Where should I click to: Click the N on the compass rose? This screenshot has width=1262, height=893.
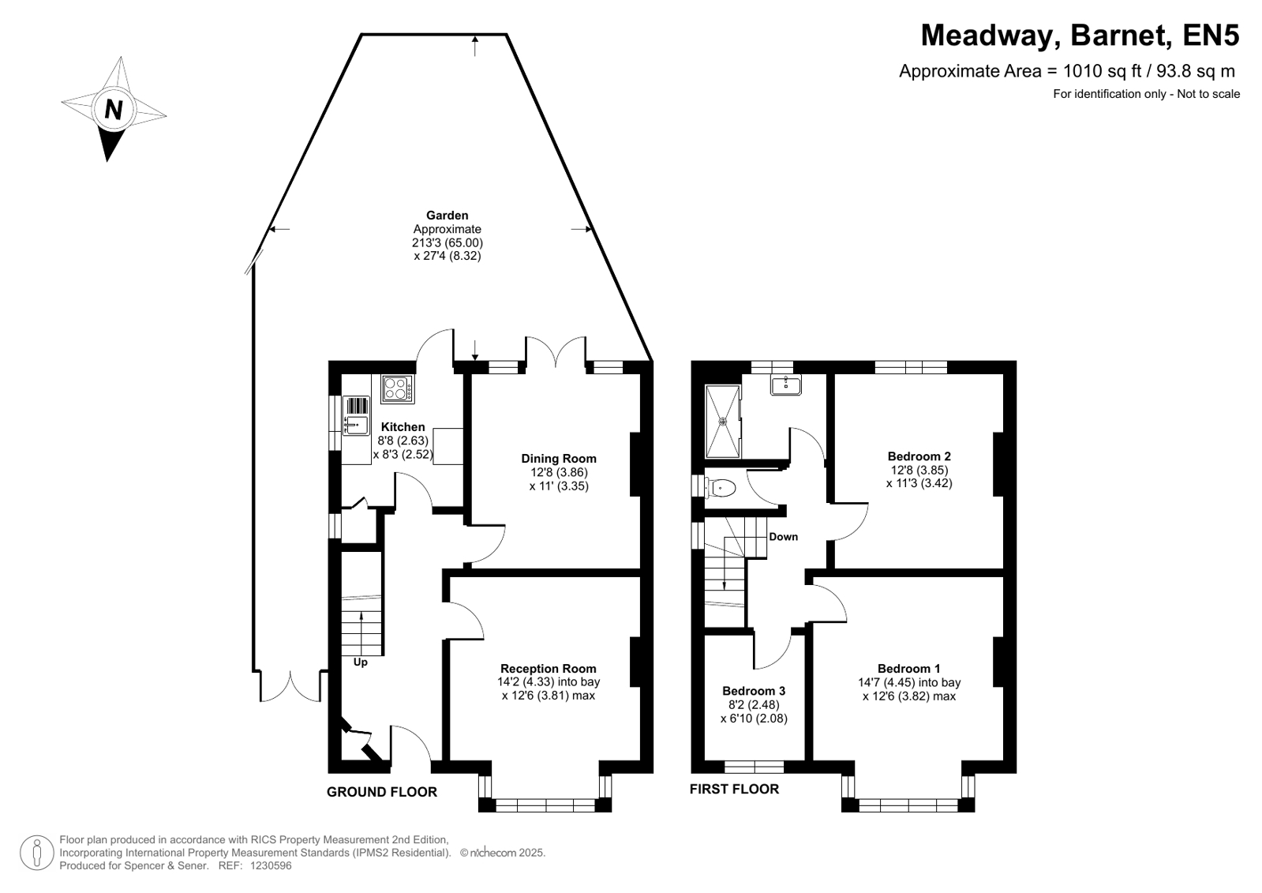(x=114, y=110)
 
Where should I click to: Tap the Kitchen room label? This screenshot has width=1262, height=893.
(x=403, y=427)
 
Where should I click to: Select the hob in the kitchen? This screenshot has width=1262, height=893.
(x=397, y=389)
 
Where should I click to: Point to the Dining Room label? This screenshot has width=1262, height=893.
(x=558, y=459)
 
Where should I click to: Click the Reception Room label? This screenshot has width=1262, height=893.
(x=549, y=669)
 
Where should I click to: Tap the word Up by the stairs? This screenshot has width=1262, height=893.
(x=361, y=662)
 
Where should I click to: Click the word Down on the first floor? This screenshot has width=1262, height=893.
(x=783, y=537)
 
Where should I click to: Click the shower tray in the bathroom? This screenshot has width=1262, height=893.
(x=723, y=421)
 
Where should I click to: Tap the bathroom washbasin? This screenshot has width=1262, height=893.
(x=786, y=385)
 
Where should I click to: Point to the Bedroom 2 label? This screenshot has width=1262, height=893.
(x=919, y=456)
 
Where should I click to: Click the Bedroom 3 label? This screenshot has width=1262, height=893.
(x=754, y=691)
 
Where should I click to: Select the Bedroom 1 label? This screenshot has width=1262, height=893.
(x=908, y=669)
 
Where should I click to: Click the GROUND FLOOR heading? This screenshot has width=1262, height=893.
(x=382, y=792)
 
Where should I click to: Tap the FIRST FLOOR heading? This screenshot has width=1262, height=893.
(x=734, y=790)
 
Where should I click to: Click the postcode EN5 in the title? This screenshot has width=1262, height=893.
(x=1211, y=36)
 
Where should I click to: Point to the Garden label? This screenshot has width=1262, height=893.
(x=448, y=216)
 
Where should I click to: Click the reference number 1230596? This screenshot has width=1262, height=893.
(x=271, y=866)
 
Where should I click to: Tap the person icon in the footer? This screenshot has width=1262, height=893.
(x=36, y=853)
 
